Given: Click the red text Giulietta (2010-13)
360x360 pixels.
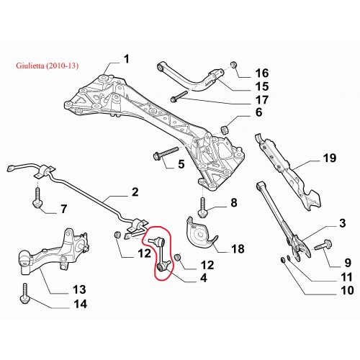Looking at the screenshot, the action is coord(48,66).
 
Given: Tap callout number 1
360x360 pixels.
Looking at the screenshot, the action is coord(126,59).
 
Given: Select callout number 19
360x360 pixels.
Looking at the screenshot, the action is coord(330,158).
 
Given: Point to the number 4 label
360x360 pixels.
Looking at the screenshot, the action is coord(203,278).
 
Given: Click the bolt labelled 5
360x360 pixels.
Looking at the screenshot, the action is coord(166,153).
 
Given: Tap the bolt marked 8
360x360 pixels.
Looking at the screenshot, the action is coord(202,207).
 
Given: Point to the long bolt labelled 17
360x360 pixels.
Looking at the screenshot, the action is coord(180,96).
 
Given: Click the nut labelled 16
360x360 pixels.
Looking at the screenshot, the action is coord(233,65).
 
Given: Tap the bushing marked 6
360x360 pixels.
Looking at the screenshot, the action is coord(225,129).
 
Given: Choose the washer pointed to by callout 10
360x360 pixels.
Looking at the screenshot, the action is coord(283,260).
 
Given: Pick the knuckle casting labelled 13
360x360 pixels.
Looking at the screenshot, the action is coord(53,252).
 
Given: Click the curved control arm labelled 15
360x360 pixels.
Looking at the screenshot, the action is coord(192,77).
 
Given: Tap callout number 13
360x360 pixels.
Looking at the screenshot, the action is coord(79,289).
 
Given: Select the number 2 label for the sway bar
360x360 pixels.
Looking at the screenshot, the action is coord(135,192).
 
